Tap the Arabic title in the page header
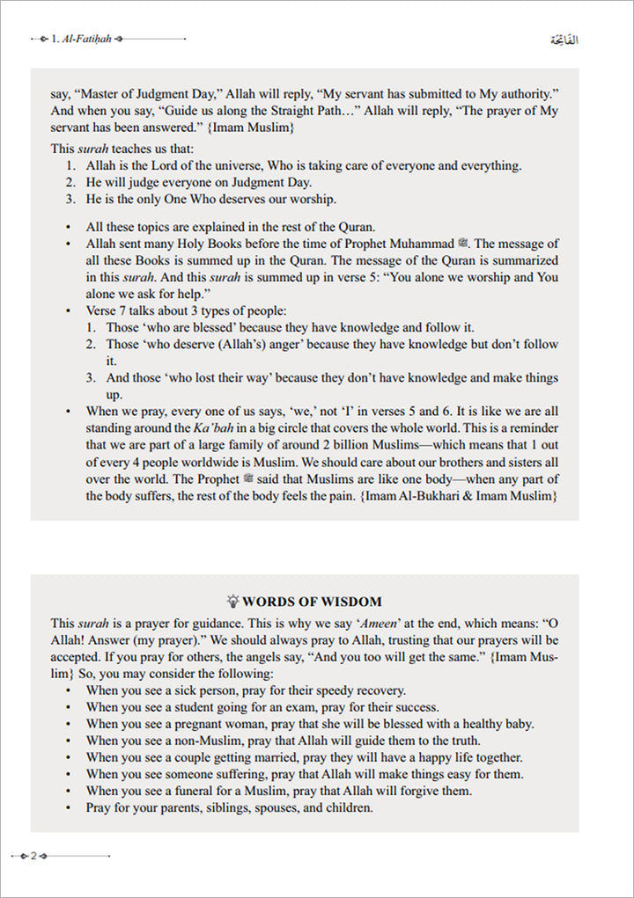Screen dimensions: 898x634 tap(563, 40)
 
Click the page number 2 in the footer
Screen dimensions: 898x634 tap(33, 856)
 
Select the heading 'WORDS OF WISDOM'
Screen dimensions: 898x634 tap(312, 602)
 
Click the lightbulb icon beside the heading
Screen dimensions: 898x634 tap(233, 602)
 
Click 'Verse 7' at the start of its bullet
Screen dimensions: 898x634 tap(107, 310)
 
